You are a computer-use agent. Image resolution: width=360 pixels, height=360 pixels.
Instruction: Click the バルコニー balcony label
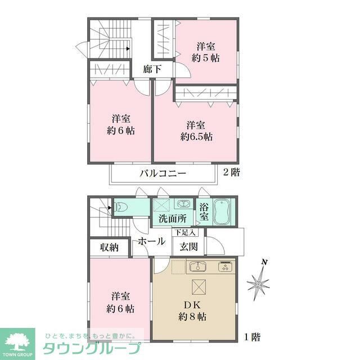[x=163, y=173]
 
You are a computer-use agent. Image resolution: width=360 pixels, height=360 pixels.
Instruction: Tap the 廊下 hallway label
[x=152, y=70]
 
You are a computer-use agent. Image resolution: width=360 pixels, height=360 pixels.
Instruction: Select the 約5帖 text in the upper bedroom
[x=205, y=57]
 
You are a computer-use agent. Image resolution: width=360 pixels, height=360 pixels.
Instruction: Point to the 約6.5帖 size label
[x=196, y=136]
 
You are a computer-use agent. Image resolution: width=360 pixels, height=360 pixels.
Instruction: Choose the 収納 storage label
[x=110, y=247]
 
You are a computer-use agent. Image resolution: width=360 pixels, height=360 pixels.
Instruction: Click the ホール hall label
[x=152, y=241]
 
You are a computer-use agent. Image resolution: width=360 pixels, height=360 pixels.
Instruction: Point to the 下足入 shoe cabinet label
[x=184, y=232]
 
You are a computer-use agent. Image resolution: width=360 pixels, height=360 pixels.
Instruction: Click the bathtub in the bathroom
[x=224, y=211]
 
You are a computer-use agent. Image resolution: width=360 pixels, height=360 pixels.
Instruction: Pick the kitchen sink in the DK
[x=198, y=266]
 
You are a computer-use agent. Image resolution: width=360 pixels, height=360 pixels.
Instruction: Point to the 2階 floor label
[x=231, y=173]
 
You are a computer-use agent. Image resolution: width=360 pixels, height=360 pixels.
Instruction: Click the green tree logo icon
[x=17, y=340]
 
